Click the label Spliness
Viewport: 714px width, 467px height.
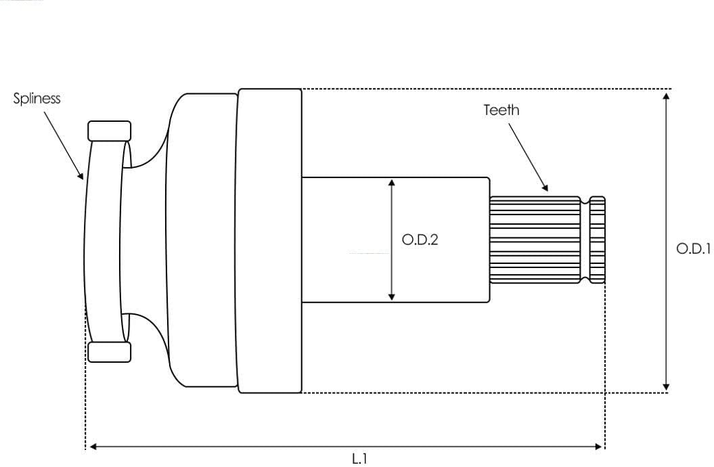(x=37, y=99)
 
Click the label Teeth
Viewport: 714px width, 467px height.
(x=501, y=110)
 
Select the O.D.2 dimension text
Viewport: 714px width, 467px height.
(x=420, y=240)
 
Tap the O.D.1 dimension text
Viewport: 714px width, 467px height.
(x=693, y=248)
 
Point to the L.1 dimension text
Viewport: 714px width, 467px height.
(x=359, y=459)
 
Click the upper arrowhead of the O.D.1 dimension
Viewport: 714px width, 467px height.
(x=667, y=95)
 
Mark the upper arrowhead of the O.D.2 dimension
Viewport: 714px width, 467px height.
(x=391, y=183)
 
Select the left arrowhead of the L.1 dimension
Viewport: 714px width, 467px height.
(x=93, y=446)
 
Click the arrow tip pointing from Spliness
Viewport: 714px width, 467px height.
(x=83, y=177)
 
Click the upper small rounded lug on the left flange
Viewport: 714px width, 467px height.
(x=109, y=131)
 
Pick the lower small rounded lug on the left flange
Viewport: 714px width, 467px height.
(x=109, y=352)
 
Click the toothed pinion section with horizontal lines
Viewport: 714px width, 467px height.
(x=535, y=240)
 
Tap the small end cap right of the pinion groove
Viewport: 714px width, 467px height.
(x=597, y=240)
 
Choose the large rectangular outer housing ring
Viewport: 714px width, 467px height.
(x=269, y=240)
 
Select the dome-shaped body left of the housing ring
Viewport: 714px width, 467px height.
(x=201, y=240)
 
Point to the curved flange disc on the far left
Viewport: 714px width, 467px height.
(x=103, y=240)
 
